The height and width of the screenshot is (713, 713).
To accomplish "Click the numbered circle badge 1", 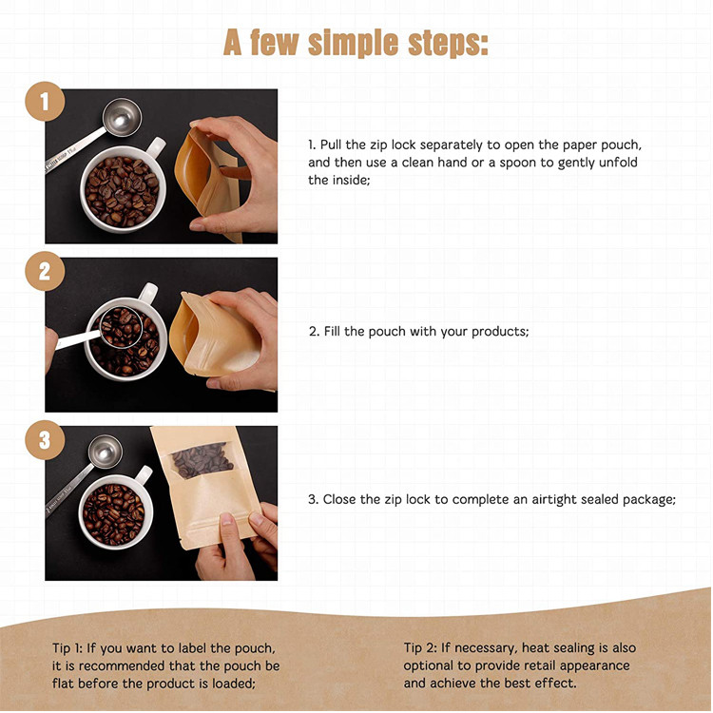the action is [45, 102].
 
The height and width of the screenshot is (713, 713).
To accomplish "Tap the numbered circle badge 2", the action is [45, 271].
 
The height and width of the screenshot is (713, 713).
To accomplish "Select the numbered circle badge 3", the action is [45, 440].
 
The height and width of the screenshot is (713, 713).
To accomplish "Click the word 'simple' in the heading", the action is [353, 44].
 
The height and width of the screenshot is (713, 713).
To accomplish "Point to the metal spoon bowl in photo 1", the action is [122, 117].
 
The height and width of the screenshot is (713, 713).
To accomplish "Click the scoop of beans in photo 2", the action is [122, 327].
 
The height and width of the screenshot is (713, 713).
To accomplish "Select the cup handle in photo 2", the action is [148, 292].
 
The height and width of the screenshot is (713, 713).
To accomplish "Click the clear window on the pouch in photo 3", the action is [202, 460].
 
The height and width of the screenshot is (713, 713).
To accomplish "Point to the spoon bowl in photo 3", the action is [106, 452].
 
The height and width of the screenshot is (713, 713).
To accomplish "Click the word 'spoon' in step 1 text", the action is [518, 163].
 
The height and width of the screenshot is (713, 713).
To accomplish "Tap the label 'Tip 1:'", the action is [67, 648].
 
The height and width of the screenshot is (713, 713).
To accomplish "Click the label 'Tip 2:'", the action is [420, 647].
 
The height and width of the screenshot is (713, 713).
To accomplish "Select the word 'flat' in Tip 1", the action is [63, 683].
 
